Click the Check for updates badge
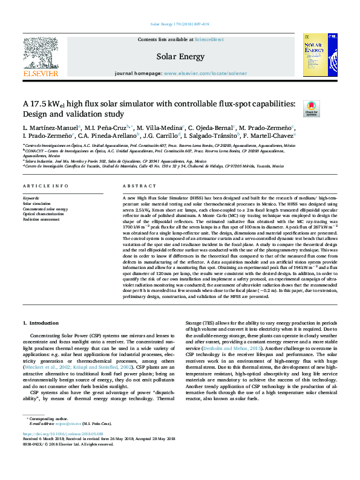point(311,108)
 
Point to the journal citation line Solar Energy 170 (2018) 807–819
point(180,25)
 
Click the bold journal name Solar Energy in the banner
point(180,56)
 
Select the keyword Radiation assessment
point(41,219)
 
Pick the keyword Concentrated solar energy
point(45,209)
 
